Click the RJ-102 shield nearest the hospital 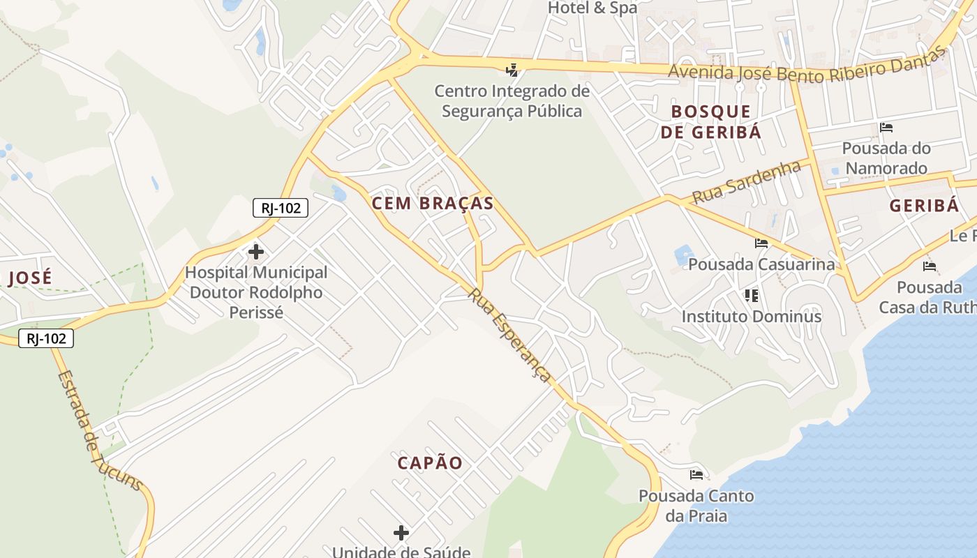[x=280, y=207]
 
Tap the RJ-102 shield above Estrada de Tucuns [x=46, y=338]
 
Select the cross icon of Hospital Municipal [x=256, y=251]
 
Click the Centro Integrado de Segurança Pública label [x=512, y=101]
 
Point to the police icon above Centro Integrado [x=512, y=70]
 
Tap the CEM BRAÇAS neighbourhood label [x=433, y=204]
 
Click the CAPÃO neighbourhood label [x=430, y=463]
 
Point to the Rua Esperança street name [x=510, y=335]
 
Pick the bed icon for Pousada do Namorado [x=886, y=128]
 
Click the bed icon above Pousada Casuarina [x=761, y=243]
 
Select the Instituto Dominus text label [x=752, y=317]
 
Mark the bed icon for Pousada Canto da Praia [x=696, y=475]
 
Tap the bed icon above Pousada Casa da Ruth [x=930, y=266]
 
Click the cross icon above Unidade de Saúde [x=401, y=533]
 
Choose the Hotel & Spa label [x=592, y=8]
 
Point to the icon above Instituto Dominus [x=752, y=296]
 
